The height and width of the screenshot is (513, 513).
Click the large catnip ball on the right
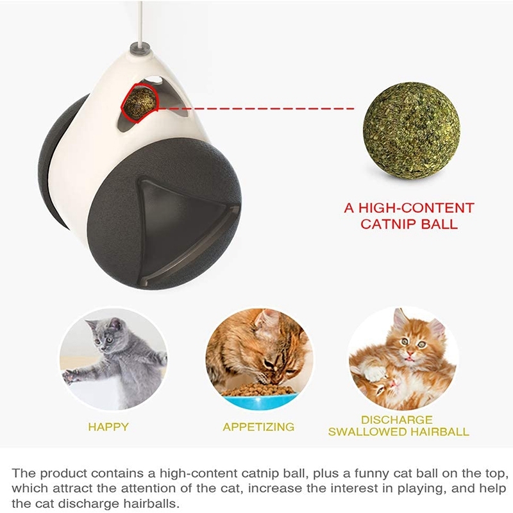[x=411, y=131]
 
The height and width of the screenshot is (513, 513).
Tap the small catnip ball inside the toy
[x=140, y=102]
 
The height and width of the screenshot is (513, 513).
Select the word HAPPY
[x=108, y=427]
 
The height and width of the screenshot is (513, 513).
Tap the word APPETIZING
[x=258, y=427]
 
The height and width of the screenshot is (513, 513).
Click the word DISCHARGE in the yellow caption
[x=397, y=420]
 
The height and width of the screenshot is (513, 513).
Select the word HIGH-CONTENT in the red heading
[x=416, y=208]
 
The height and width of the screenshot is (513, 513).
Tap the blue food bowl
[x=258, y=400]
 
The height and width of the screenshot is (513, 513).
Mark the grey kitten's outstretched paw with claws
[x=71, y=377]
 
